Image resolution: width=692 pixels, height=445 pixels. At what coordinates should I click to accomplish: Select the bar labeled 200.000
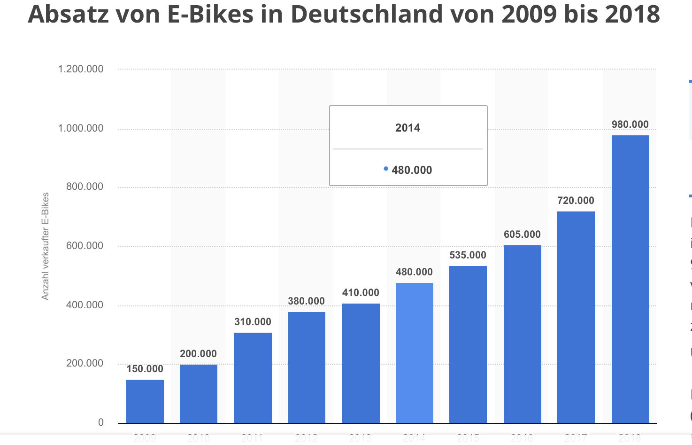coord(199,393)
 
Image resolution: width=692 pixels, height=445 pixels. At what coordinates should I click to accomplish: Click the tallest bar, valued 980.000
coord(630,279)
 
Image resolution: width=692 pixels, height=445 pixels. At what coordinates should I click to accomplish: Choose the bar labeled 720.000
coord(576,317)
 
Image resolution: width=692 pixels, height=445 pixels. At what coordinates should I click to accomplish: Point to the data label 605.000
coord(522,234)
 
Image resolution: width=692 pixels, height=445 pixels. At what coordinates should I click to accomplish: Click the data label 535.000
coord(468,255)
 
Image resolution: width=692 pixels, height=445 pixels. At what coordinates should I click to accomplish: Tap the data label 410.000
coord(361,292)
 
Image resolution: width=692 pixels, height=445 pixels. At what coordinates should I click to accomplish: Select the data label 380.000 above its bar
coord(306,301)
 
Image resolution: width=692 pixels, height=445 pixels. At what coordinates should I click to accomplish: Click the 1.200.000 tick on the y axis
coord(81,69)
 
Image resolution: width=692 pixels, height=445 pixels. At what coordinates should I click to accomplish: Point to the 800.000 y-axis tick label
coord(85,187)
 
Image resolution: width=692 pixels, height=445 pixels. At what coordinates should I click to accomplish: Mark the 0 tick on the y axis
coord(100,422)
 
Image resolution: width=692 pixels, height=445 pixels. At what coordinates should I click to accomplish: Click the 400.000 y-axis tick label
coord(85,304)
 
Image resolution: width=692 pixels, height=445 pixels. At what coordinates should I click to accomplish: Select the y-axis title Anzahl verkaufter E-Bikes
coord(46,246)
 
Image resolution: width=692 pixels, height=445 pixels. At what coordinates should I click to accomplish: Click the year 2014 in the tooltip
coord(408,128)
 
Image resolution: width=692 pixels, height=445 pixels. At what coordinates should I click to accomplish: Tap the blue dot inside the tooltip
coord(386,169)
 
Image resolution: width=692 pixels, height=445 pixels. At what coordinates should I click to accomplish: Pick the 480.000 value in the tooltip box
coord(412,170)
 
